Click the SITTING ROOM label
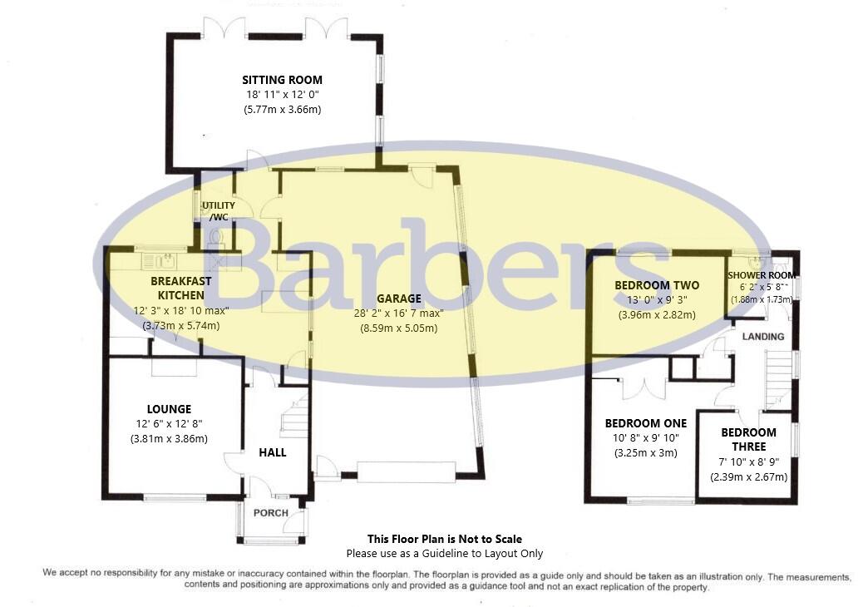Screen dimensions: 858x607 [x=282, y=80]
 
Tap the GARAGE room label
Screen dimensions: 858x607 [x=399, y=299]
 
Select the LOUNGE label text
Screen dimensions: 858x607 [x=169, y=409]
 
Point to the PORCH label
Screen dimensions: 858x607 [x=271, y=513]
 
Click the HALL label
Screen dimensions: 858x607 [x=273, y=452]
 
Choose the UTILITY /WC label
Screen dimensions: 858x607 [x=219, y=211]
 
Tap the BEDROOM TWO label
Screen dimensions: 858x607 [x=657, y=285]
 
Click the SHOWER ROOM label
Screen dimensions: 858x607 [x=762, y=275]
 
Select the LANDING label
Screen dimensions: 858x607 [x=762, y=337]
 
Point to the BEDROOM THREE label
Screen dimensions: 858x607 [x=748, y=440]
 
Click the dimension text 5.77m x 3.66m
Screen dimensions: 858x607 [x=282, y=110]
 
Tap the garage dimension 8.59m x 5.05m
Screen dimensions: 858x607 [x=399, y=328]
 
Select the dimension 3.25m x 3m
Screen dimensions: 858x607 [x=646, y=453]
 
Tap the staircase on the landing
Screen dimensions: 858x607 [x=779, y=380]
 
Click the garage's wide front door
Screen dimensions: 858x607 [x=406, y=471]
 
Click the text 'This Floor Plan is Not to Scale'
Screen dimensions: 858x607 [x=444, y=539]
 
